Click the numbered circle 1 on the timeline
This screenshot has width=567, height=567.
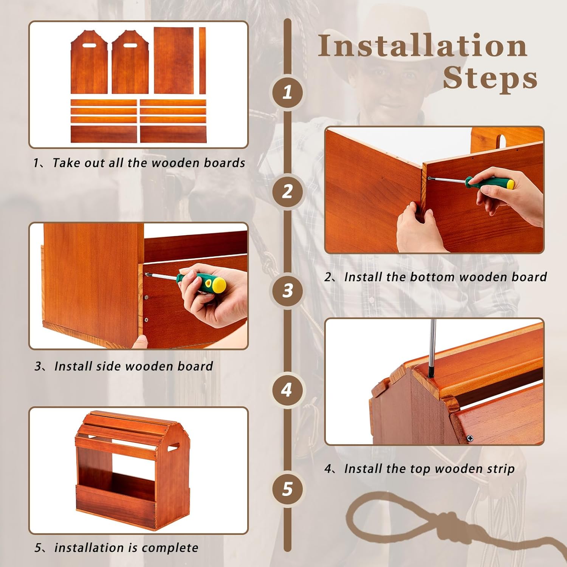288,91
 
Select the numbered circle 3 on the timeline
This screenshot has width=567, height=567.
288,290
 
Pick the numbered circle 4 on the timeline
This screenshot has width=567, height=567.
288,390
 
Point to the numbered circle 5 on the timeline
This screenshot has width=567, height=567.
288,489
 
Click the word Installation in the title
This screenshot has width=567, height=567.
423,46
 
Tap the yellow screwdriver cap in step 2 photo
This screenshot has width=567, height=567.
510,184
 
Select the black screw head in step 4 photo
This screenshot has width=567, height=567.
470,438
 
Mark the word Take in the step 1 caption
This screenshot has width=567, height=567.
66,163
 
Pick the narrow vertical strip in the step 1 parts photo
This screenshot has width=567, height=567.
203,60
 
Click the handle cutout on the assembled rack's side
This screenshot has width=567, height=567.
172,448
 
